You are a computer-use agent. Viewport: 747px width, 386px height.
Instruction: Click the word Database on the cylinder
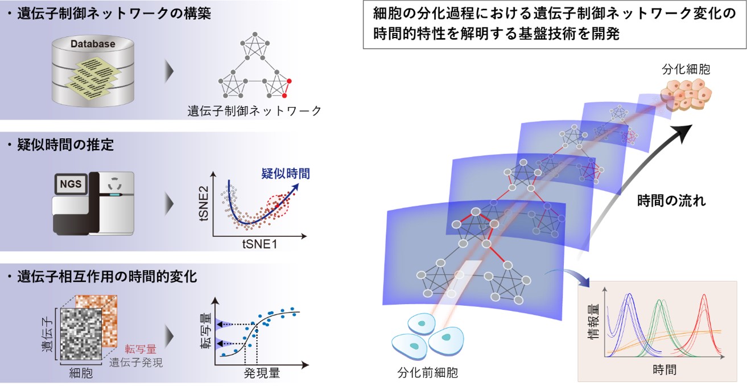[93, 44]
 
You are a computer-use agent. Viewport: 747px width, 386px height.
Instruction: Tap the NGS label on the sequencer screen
[71, 184]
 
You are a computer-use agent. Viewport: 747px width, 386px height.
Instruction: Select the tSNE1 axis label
[259, 244]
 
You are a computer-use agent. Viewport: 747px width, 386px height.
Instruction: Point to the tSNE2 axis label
[204, 203]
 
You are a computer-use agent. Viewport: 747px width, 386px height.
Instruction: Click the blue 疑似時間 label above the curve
[286, 174]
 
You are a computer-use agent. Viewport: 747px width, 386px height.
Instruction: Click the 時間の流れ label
[671, 201]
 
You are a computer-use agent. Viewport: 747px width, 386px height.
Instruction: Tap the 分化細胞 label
[686, 69]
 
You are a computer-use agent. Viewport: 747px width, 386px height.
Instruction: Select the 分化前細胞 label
[427, 373]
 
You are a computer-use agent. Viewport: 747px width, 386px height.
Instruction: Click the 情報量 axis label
[593, 321]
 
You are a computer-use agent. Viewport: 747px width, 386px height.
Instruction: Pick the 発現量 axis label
[262, 373]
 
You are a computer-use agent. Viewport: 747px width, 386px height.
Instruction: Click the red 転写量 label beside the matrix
[141, 350]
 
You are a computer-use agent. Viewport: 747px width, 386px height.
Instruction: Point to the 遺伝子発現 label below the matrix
[136, 362]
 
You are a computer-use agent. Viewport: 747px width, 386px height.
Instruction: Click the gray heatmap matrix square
[81, 334]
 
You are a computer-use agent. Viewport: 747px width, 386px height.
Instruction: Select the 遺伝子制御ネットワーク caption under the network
[254, 111]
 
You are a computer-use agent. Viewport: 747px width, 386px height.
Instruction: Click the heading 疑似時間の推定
[65, 145]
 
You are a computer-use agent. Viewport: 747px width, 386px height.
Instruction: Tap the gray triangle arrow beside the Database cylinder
[170, 71]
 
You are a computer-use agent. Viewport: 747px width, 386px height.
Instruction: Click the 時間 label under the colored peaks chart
[665, 369]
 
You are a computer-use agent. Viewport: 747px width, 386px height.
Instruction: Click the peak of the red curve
[704, 295]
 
